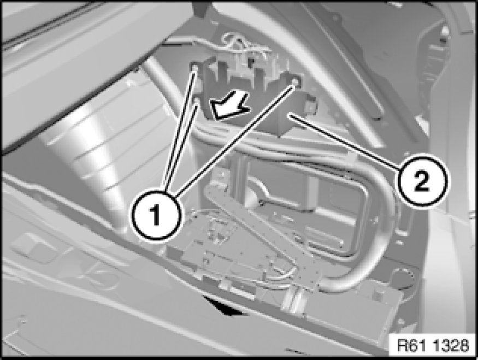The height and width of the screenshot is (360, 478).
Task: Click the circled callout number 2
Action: [422, 182]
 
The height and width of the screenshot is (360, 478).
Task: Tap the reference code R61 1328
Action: [433, 346]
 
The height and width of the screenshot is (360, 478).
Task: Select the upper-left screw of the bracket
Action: [195, 67]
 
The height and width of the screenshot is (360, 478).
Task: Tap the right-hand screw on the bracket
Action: [295, 82]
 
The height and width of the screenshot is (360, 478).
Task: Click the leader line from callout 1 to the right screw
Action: [234, 140]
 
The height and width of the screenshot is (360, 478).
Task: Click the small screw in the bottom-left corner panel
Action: [21, 320]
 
